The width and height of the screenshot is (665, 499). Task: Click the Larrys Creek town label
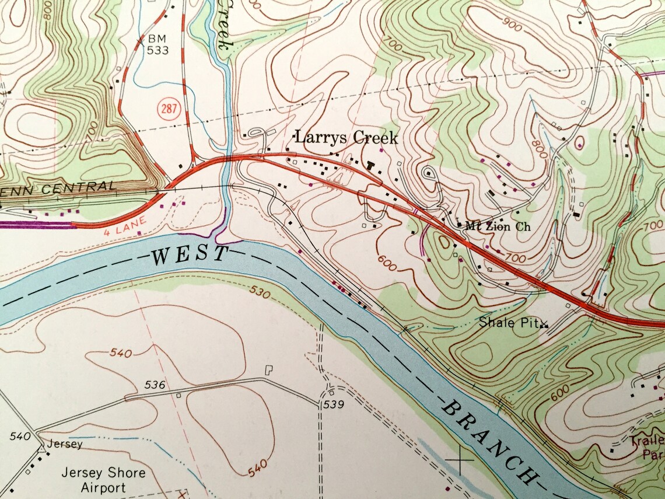click(346, 138)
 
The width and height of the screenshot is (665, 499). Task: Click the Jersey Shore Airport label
click(103, 480)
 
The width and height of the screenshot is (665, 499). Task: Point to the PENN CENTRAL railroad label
click(58, 188)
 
